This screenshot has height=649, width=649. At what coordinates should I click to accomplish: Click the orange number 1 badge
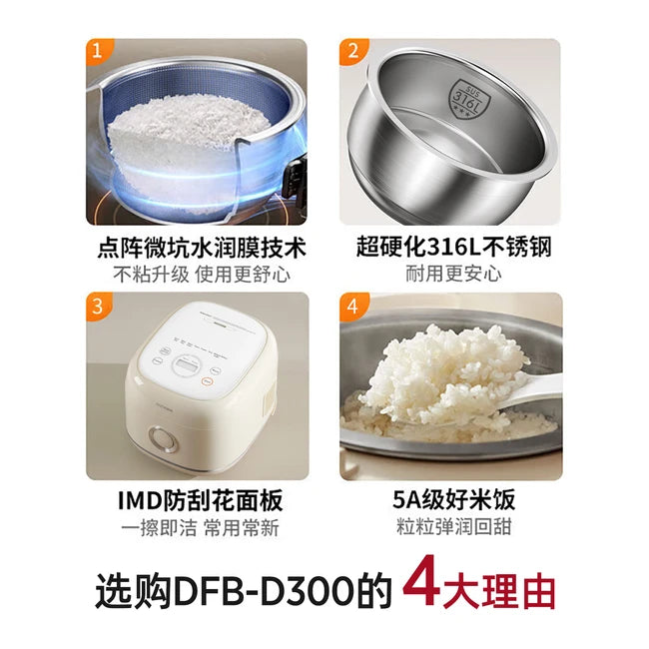[x=96, y=51]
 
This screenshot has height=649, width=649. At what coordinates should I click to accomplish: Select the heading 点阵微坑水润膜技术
[x=197, y=247]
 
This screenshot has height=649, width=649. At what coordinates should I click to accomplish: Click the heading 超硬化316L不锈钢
[x=450, y=247]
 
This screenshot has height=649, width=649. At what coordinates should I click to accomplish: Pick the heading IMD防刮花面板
[x=197, y=498]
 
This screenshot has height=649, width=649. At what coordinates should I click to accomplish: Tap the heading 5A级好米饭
[x=450, y=498]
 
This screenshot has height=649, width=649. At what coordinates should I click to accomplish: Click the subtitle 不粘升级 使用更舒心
[x=197, y=274]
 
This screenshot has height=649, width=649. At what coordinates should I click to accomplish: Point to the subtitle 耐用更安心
[x=450, y=274]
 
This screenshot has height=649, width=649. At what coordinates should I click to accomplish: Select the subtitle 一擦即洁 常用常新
[x=197, y=526]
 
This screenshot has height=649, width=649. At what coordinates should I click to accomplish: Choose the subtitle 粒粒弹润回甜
[x=450, y=526]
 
